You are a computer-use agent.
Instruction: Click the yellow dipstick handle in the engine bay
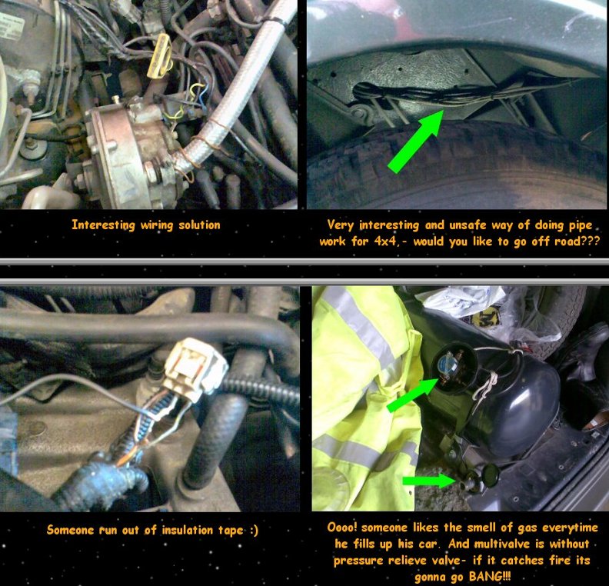click(160, 55)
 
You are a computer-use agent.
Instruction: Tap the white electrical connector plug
click(195, 369)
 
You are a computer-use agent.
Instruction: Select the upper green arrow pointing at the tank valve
click(413, 395)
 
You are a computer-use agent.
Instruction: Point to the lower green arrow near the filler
click(429, 481)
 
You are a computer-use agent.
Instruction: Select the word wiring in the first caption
click(157, 225)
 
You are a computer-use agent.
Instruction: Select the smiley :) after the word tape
click(253, 530)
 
